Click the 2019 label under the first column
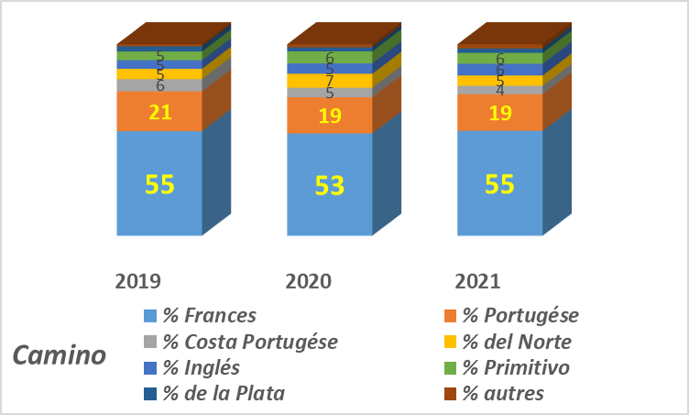tap(138, 281)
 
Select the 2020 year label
tap(309, 281)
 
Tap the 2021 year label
tap(477, 281)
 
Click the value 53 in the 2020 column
tap(330, 185)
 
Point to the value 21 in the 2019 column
tap(159, 113)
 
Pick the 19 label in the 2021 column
tap(500, 114)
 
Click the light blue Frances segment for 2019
tap(159, 183)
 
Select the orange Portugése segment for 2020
tap(330, 115)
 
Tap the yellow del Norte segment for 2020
tap(330, 81)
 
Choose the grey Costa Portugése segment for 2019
tap(159, 85)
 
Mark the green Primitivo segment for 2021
tap(500, 59)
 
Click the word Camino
tap(60, 355)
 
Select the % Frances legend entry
tap(201, 316)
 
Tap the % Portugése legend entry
tap(511, 316)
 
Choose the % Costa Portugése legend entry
tap(241, 342)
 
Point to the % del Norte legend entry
tap(508, 342)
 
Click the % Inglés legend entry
tap(191, 368)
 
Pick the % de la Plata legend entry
tap(214, 394)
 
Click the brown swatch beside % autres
tap(451, 394)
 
